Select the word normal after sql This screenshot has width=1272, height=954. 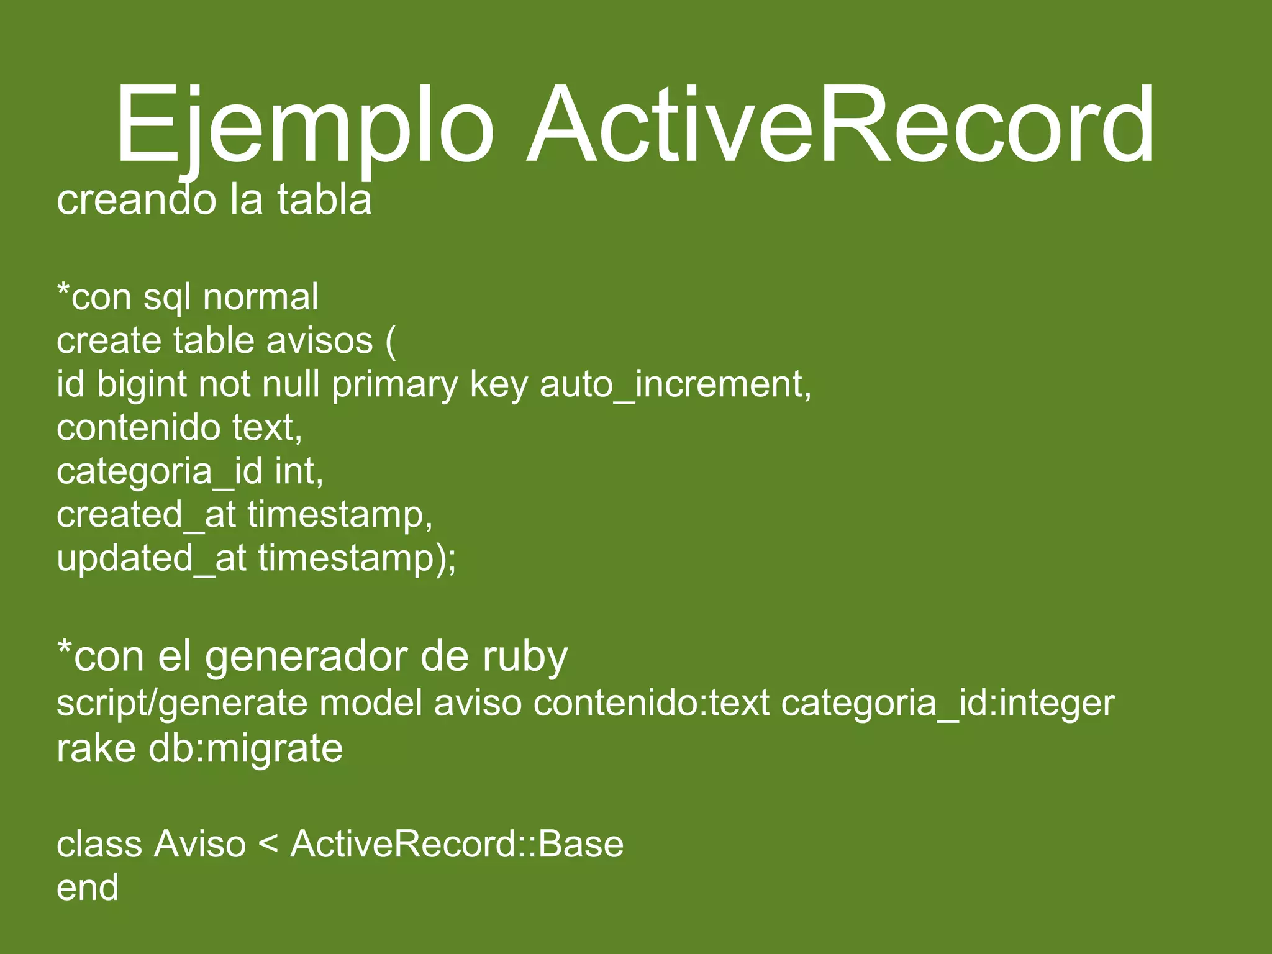point(260,297)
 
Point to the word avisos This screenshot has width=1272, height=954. point(319,341)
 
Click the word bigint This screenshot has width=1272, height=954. point(142,384)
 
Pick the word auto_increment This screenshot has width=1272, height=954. point(675,384)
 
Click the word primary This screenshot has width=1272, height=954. point(394,384)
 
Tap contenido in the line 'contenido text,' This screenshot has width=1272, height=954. point(139,428)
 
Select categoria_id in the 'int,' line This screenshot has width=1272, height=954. point(160,471)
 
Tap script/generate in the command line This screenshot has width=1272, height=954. point(182,703)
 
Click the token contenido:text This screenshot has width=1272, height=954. point(652,703)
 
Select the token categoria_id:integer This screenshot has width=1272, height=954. point(948,703)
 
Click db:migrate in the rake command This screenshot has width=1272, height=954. point(245,748)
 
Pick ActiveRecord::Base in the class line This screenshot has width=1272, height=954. point(457,844)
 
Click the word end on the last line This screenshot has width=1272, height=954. point(88,888)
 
